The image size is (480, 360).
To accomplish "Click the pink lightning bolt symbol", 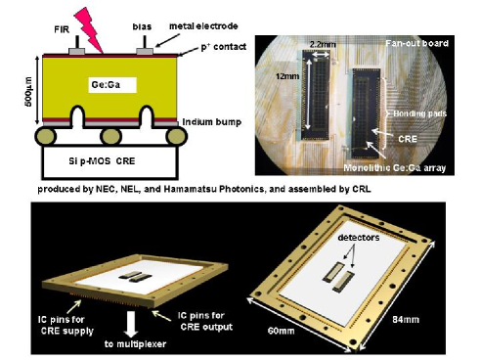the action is click(x=88, y=28).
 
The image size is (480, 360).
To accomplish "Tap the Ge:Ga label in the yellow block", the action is click(x=106, y=85).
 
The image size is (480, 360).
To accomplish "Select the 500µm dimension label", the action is click(x=28, y=92).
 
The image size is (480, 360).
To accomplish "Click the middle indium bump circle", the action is click(x=111, y=136).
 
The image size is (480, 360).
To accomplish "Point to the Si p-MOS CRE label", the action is click(x=102, y=161).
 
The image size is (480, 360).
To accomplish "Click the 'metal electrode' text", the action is click(x=203, y=26).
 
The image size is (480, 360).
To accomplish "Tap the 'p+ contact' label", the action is click(x=223, y=47).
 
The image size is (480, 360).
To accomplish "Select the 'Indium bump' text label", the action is click(x=212, y=122).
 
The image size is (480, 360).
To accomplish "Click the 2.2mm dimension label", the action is click(x=323, y=44).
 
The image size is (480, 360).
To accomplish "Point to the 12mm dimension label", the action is click(x=287, y=76).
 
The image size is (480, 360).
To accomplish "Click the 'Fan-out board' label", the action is click(x=416, y=43).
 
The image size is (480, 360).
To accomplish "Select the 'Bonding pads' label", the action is click(x=419, y=113).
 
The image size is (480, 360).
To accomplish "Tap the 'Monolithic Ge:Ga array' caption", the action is click(x=395, y=167).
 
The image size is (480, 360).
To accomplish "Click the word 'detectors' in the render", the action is click(x=359, y=238).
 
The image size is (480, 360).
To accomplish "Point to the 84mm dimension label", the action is click(x=406, y=319).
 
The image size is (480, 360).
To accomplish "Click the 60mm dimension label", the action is click(x=281, y=331).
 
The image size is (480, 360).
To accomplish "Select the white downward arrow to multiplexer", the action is click(x=131, y=324).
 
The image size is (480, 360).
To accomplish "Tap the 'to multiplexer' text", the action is click(x=135, y=344).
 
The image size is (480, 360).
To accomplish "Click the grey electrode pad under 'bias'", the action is click(x=145, y=51).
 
